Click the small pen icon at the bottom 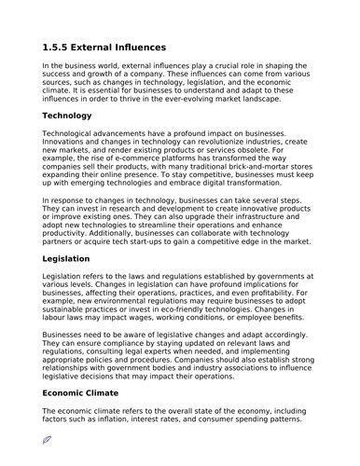point(48,438)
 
